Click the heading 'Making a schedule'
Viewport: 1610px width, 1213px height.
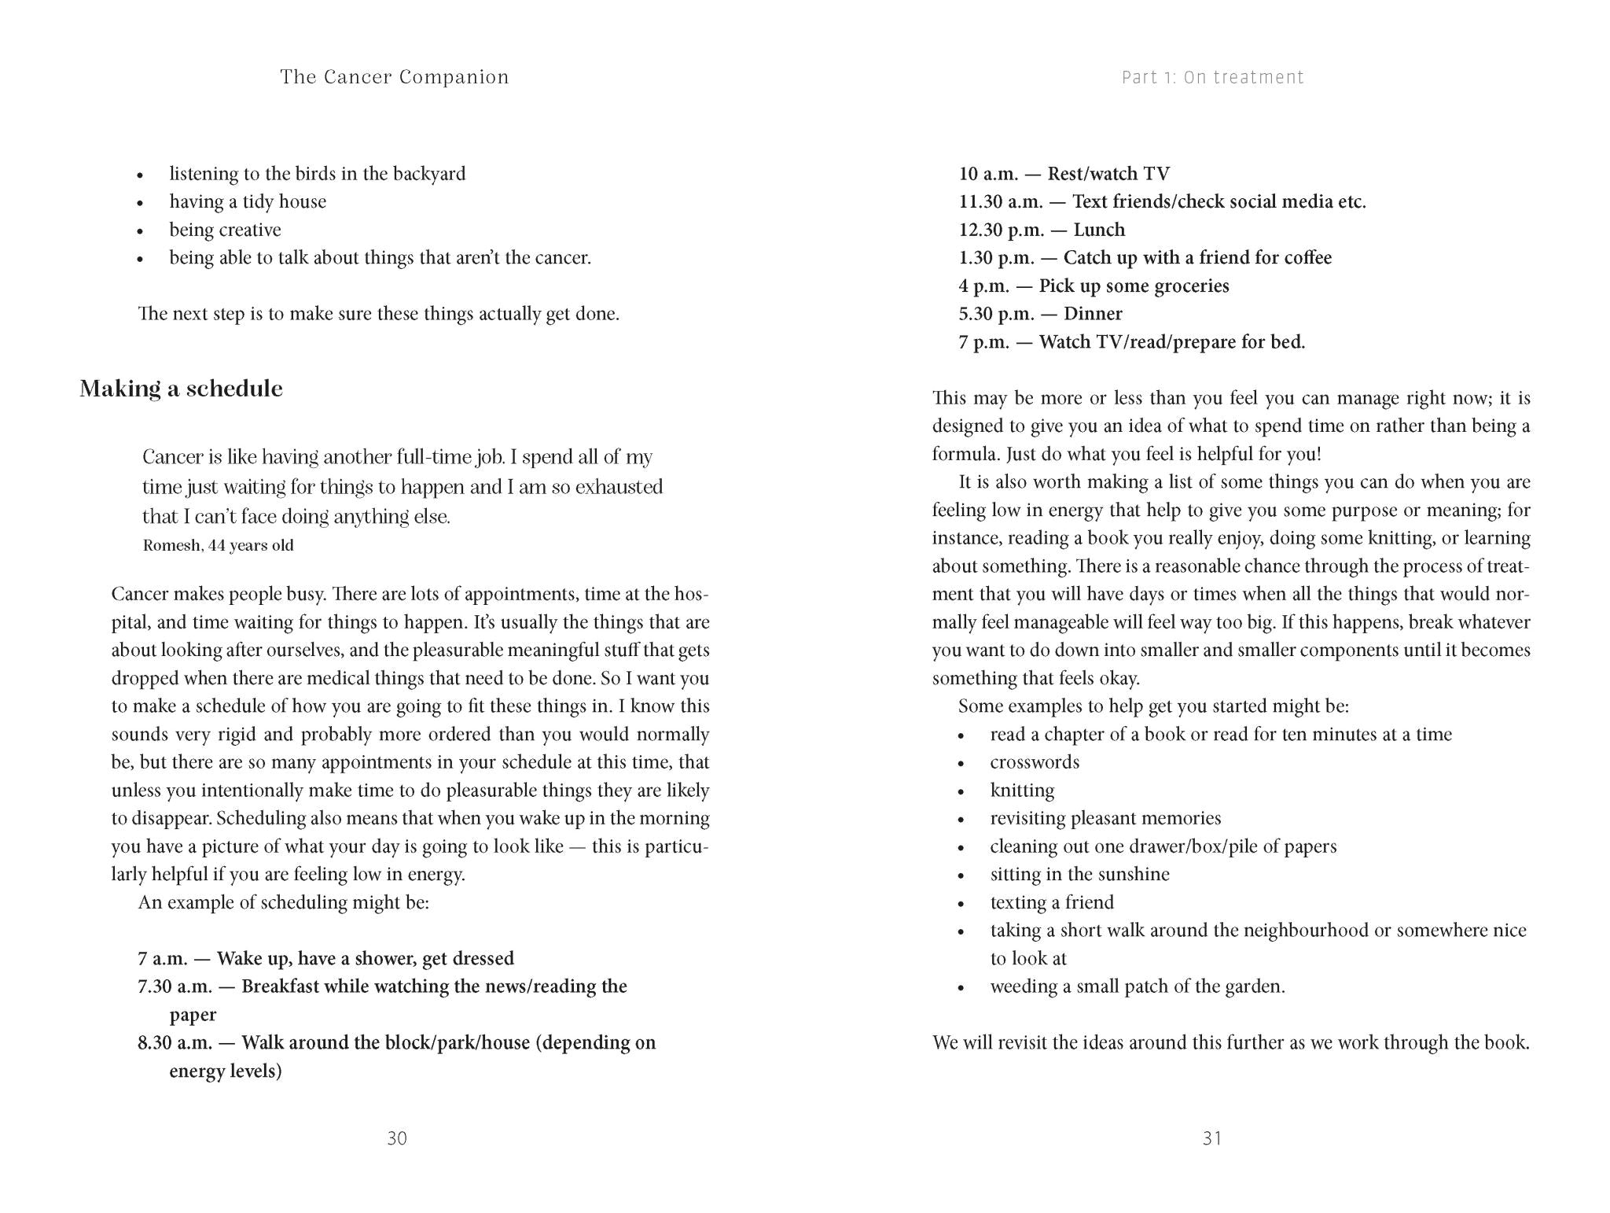pyautogui.click(x=181, y=389)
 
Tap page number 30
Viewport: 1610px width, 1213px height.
pyautogui.click(x=397, y=1138)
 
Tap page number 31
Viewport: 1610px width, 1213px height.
pyautogui.click(x=1211, y=1138)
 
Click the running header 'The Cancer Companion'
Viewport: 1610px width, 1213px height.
pyautogui.click(x=394, y=77)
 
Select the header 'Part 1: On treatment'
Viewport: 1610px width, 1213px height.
pyautogui.click(x=1212, y=77)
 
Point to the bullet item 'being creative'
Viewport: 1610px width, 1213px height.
pyautogui.click(x=225, y=230)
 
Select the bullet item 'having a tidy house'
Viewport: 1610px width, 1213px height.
pyautogui.click(x=248, y=202)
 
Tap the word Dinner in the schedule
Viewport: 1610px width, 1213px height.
pyautogui.click(x=1093, y=314)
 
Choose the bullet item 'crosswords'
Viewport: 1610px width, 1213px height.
pyautogui.click(x=1035, y=762)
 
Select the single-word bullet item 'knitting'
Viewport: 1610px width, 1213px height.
pyautogui.click(x=1022, y=791)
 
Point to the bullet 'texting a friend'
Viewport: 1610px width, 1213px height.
pyautogui.click(x=1052, y=902)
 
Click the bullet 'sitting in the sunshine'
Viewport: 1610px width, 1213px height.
pyautogui.click(x=1079, y=875)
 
